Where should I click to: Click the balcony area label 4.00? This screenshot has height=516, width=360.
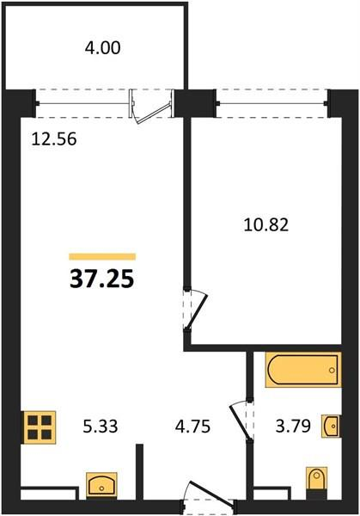pyautogui.click(x=102, y=48)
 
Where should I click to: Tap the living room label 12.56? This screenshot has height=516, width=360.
pyautogui.click(x=54, y=138)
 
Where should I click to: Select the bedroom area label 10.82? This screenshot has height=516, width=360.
pyautogui.click(x=266, y=225)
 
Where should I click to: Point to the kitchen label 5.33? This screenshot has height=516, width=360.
pyautogui.click(x=101, y=427)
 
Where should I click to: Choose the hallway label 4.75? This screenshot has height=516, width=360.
pyautogui.click(x=192, y=427)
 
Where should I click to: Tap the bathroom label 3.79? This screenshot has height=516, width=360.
pyautogui.click(x=293, y=427)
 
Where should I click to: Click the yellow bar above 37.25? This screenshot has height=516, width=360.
pyautogui.click(x=102, y=256)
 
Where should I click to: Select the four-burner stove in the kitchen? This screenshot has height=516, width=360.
pyautogui.click(x=40, y=427)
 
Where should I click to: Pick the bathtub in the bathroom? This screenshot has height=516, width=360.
pyautogui.click(x=303, y=370)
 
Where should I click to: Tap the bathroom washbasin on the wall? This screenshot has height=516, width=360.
pyautogui.click(x=331, y=426)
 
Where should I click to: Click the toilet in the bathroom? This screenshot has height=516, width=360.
pyautogui.click(x=317, y=479)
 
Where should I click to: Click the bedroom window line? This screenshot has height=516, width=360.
pyautogui.click(x=272, y=103)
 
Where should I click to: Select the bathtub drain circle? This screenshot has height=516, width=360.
pyautogui.click(x=332, y=370)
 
